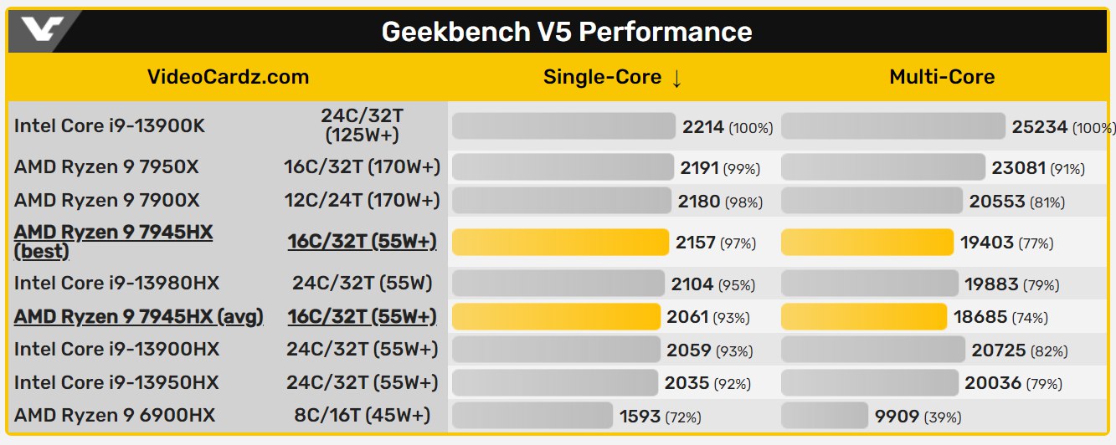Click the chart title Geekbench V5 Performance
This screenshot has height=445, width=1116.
[x=567, y=32]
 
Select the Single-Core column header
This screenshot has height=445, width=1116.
[x=613, y=78]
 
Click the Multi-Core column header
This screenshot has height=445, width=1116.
[x=942, y=78]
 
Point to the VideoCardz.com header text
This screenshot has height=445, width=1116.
[x=228, y=78]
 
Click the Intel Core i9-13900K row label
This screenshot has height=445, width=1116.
[x=110, y=126]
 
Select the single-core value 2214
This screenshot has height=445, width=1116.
[x=703, y=127]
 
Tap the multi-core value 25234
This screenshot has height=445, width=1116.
[x=1040, y=127]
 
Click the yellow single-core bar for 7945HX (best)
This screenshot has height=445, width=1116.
[x=560, y=243]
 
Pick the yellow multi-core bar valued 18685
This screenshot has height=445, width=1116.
[x=864, y=317]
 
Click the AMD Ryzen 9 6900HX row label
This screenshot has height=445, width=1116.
[x=115, y=415]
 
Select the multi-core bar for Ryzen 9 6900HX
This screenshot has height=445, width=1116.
[x=825, y=416]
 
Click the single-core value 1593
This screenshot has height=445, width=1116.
[x=640, y=416]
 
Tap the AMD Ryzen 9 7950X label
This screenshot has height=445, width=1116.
[x=106, y=167]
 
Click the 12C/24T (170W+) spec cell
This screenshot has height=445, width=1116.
[x=362, y=201]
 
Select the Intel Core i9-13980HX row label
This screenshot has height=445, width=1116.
[x=116, y=284]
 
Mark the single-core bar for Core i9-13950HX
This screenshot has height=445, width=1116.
[x=554, y=383]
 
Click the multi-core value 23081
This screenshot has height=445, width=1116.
[x=1019, y=168]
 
